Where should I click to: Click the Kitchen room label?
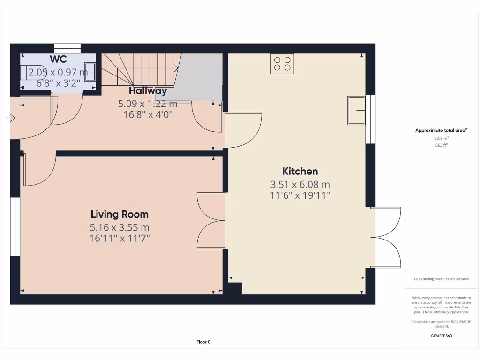pyautogui.click(x=300, y=172)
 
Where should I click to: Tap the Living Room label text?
pyautogui.click(x=120, y=214)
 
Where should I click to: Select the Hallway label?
pyautogui.click(x=148, y=90)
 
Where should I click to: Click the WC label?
pyautogui.click(x=59, y=59)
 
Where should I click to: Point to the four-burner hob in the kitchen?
pyautogui.click(x=283, y=64)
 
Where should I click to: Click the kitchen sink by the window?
pyautogui.click(x=356, y=111)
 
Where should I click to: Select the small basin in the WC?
pyautogui.click(x=90, y=72)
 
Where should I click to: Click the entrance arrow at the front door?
pyautogui.click(x=10, y=118)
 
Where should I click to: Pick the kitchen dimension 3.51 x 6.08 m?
pyautogui.click(x=300, y=185)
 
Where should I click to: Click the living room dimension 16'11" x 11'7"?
pyautogui.click(x=120, y=239)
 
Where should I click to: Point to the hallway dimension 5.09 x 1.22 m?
pyautogui.click(x=148, y=104)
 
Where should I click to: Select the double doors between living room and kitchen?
pyautogui.click(x=211, y=220)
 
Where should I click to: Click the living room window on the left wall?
pyautogui.click(x=15, y=227)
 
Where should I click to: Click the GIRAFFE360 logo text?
pyautogui.click(x=441, y=336)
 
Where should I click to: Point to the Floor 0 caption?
pyautogui.click(x=203, y=342)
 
